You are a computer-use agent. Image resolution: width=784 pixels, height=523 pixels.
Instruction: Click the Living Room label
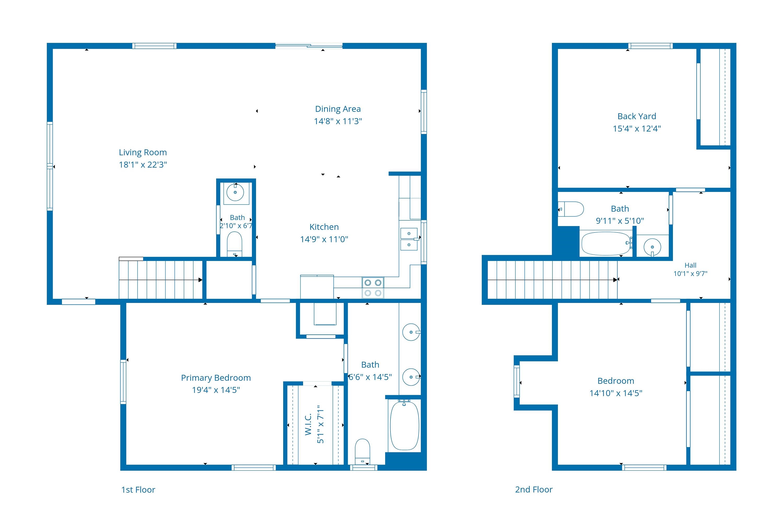[143, 152]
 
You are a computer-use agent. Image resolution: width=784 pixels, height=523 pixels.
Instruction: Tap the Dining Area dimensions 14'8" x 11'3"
[338, 121]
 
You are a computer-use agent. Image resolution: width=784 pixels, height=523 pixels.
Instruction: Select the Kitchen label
[324, 227]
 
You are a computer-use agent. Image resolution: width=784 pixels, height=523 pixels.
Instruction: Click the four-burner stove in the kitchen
[373, 287]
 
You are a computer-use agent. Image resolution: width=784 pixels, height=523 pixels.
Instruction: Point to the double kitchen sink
[409, 239]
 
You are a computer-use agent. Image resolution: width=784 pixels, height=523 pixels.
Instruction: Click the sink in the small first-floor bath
[235, 192]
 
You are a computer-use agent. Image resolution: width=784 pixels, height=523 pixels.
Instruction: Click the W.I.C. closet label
[308, 424]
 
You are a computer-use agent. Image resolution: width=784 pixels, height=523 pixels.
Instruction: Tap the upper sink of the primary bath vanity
[411, 332]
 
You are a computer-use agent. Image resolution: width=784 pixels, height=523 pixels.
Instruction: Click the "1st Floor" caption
[138, 490]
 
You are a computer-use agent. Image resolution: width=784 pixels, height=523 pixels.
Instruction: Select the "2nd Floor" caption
[534, 489]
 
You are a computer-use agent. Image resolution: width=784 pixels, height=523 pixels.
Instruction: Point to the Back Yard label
[637, 116]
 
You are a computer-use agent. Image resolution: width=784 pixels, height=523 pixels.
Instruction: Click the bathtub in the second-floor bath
[606, 243]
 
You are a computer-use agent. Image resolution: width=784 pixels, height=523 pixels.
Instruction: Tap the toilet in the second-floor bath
[571, 209]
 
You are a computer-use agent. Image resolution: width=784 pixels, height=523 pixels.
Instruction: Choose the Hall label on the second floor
[690, 265]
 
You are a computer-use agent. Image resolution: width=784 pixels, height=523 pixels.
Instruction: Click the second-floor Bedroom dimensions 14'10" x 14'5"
[616, 393]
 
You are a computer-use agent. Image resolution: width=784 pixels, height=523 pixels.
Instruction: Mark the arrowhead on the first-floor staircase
[200, 280]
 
